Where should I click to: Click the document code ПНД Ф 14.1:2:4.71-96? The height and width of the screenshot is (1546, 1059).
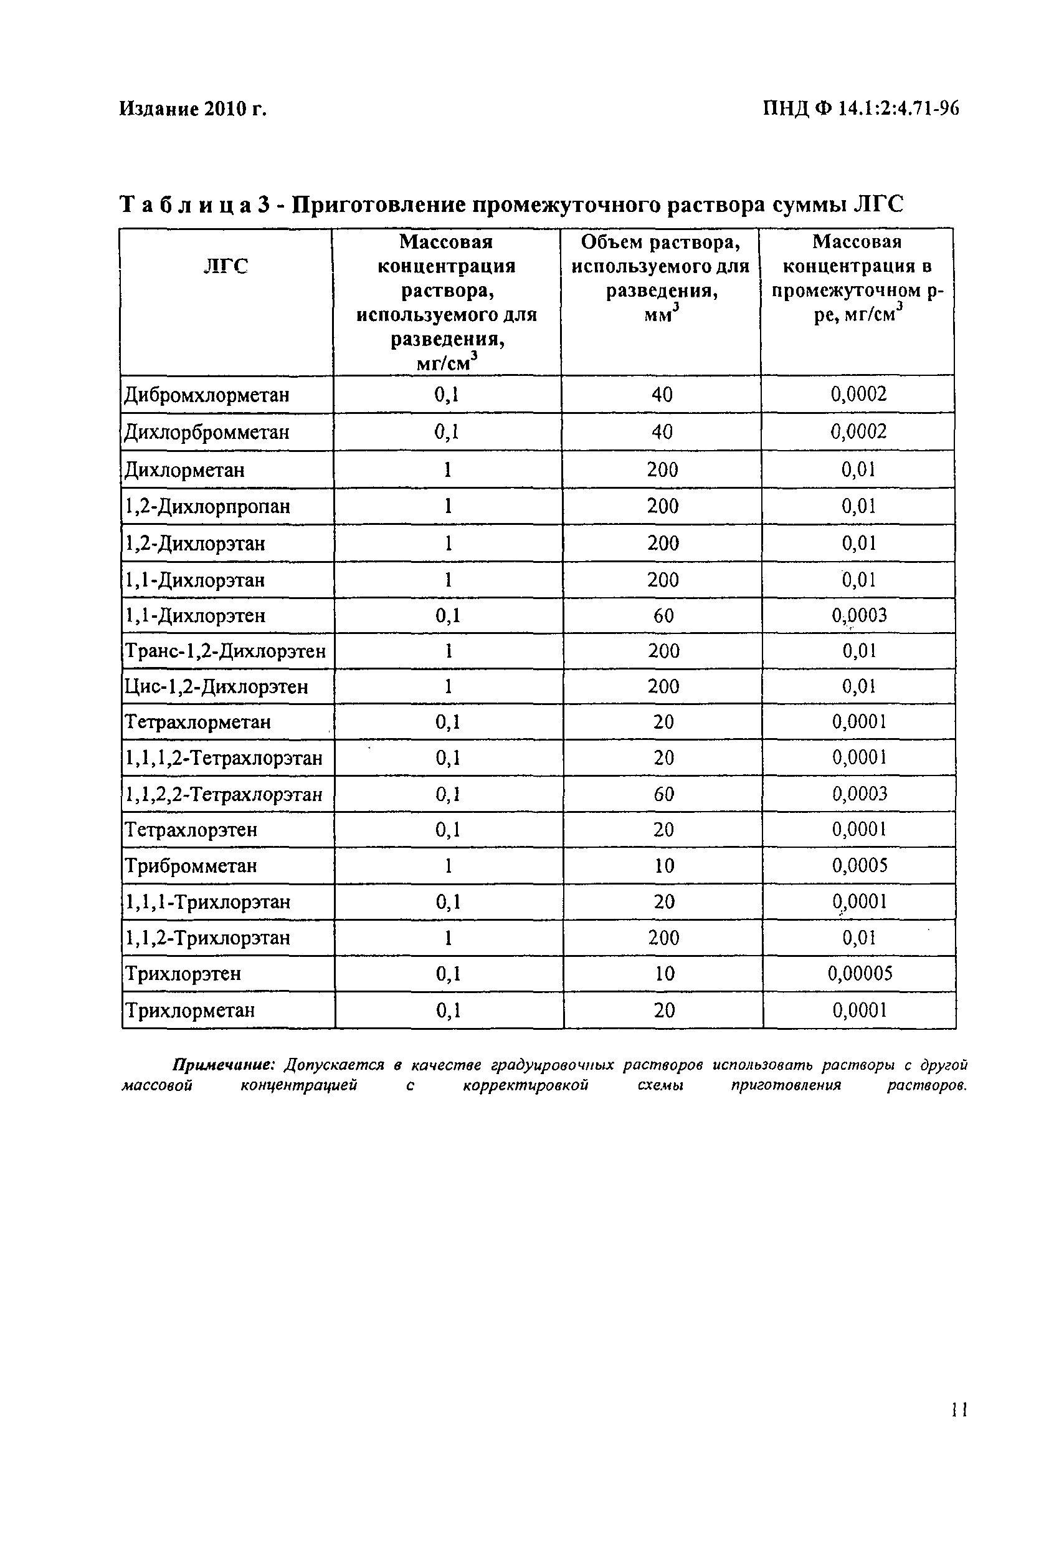(x=861, y=108)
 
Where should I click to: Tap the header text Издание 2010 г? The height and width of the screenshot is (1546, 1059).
(x=192, y=108)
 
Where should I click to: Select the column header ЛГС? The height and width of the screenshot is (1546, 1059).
(x=226, y=267)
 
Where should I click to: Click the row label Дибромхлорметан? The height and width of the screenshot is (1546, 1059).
(x=207, y=395)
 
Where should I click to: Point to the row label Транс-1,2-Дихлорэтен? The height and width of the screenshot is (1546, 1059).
(x=226, y=651)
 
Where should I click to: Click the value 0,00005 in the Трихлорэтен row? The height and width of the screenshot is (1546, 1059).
(x=860, y=974)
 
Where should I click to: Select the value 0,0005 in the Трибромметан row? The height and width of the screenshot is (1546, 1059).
(x=860, y=865)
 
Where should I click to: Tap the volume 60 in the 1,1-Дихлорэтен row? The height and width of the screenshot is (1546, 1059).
(x=663, y=615)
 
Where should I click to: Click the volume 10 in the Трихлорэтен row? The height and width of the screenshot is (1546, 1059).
(x=663, y=974)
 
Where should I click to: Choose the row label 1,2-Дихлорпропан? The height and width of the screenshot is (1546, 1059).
(x=207, y=506)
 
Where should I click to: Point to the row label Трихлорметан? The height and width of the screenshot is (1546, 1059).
(x=190, y=1011)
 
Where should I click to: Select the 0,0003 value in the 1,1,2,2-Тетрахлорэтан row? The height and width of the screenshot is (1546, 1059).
(x=860, y=794)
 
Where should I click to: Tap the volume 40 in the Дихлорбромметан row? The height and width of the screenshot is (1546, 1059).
(x=662, y=433)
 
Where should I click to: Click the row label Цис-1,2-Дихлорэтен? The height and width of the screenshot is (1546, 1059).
(x=216, y=686)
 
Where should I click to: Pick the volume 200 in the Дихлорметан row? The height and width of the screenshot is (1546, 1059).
(x=663, y=470)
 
